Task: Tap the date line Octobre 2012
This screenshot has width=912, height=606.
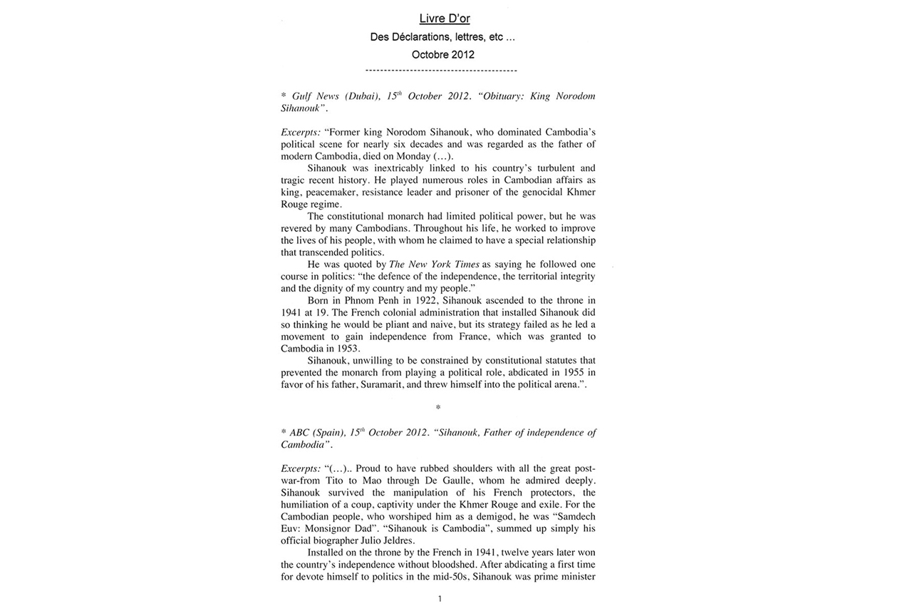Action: (442, 54)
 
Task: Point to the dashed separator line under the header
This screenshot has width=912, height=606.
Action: (440, 71)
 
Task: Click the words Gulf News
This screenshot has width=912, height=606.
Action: (316, 96)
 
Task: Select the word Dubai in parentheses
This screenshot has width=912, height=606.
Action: (364, 96)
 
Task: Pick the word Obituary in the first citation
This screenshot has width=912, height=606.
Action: (504, 96)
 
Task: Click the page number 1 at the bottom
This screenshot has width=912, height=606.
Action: (440, 599)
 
